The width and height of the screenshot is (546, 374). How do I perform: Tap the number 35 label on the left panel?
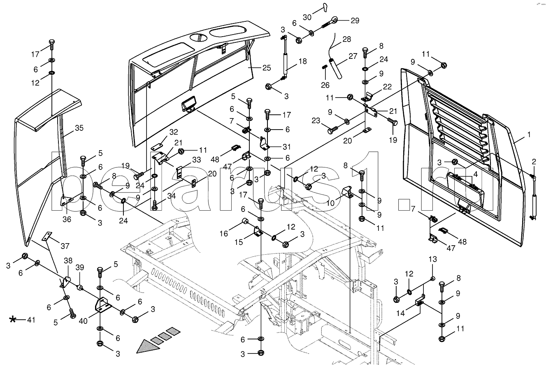[79, 128]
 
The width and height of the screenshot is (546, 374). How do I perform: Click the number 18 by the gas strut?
[302, 61]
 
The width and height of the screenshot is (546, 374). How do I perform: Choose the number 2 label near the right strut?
[534, 161]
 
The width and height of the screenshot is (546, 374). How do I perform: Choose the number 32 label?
[174, 132]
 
